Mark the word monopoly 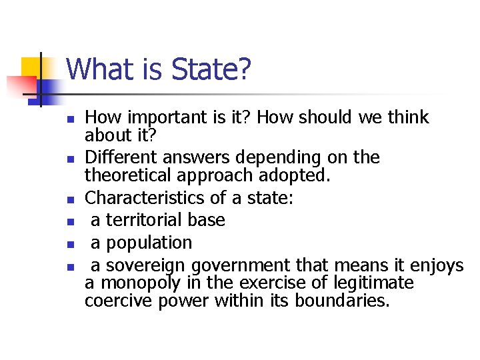point(141,283)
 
